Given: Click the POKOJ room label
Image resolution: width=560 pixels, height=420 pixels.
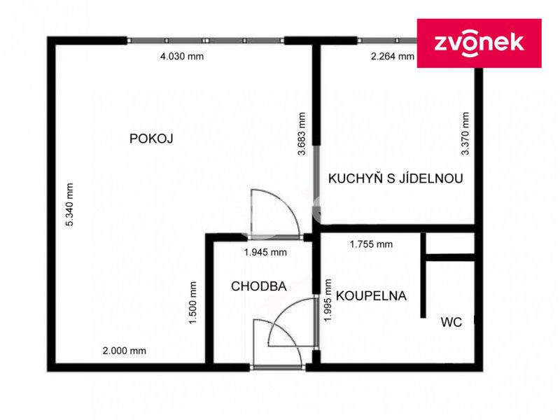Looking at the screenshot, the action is (151, 138).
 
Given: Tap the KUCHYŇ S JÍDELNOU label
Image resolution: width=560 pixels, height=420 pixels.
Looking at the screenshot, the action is (395, 178).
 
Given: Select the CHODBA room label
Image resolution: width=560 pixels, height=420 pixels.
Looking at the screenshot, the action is (258, 286).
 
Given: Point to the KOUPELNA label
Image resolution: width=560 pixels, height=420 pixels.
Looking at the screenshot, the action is (371, 295).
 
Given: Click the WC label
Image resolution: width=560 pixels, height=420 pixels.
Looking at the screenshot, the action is (451, 322).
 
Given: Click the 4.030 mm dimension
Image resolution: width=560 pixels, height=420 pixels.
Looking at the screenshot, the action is (182, 56).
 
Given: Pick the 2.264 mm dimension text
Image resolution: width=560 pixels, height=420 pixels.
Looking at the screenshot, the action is (393, 56).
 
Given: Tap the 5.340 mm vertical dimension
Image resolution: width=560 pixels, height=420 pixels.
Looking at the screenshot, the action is (69, 204).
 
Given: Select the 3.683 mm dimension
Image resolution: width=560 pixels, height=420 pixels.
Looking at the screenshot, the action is (302, 134).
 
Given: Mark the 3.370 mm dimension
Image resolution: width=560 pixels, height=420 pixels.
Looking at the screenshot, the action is (465, 133).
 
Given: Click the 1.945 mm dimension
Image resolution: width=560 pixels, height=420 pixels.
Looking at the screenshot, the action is (265, 252).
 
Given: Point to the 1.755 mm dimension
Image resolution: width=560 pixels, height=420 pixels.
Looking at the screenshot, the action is (371, 244).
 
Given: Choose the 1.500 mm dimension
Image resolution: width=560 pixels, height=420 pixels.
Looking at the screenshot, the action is (193, 303).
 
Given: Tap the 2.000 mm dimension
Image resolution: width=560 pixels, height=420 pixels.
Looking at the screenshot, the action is (125, 351).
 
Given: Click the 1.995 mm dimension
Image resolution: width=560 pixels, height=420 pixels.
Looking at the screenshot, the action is (328, 300).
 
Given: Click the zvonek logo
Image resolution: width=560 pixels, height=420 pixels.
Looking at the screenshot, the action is (479, 43).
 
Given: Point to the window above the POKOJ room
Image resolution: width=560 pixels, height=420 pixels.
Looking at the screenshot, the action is (205, 41).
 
